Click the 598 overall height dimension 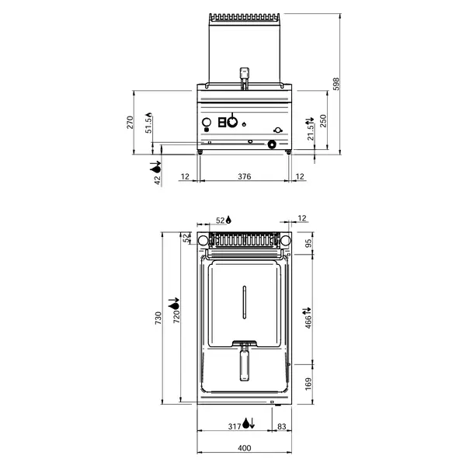[336, 83]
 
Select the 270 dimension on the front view [130, 122]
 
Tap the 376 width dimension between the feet [244, 177]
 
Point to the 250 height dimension [324, 121]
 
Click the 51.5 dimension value [148, 124]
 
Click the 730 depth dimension [158, 318]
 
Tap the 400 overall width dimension [244, 448]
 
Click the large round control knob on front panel [231, 121]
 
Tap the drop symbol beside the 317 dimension [248, 423]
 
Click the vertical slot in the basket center [244, 302]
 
